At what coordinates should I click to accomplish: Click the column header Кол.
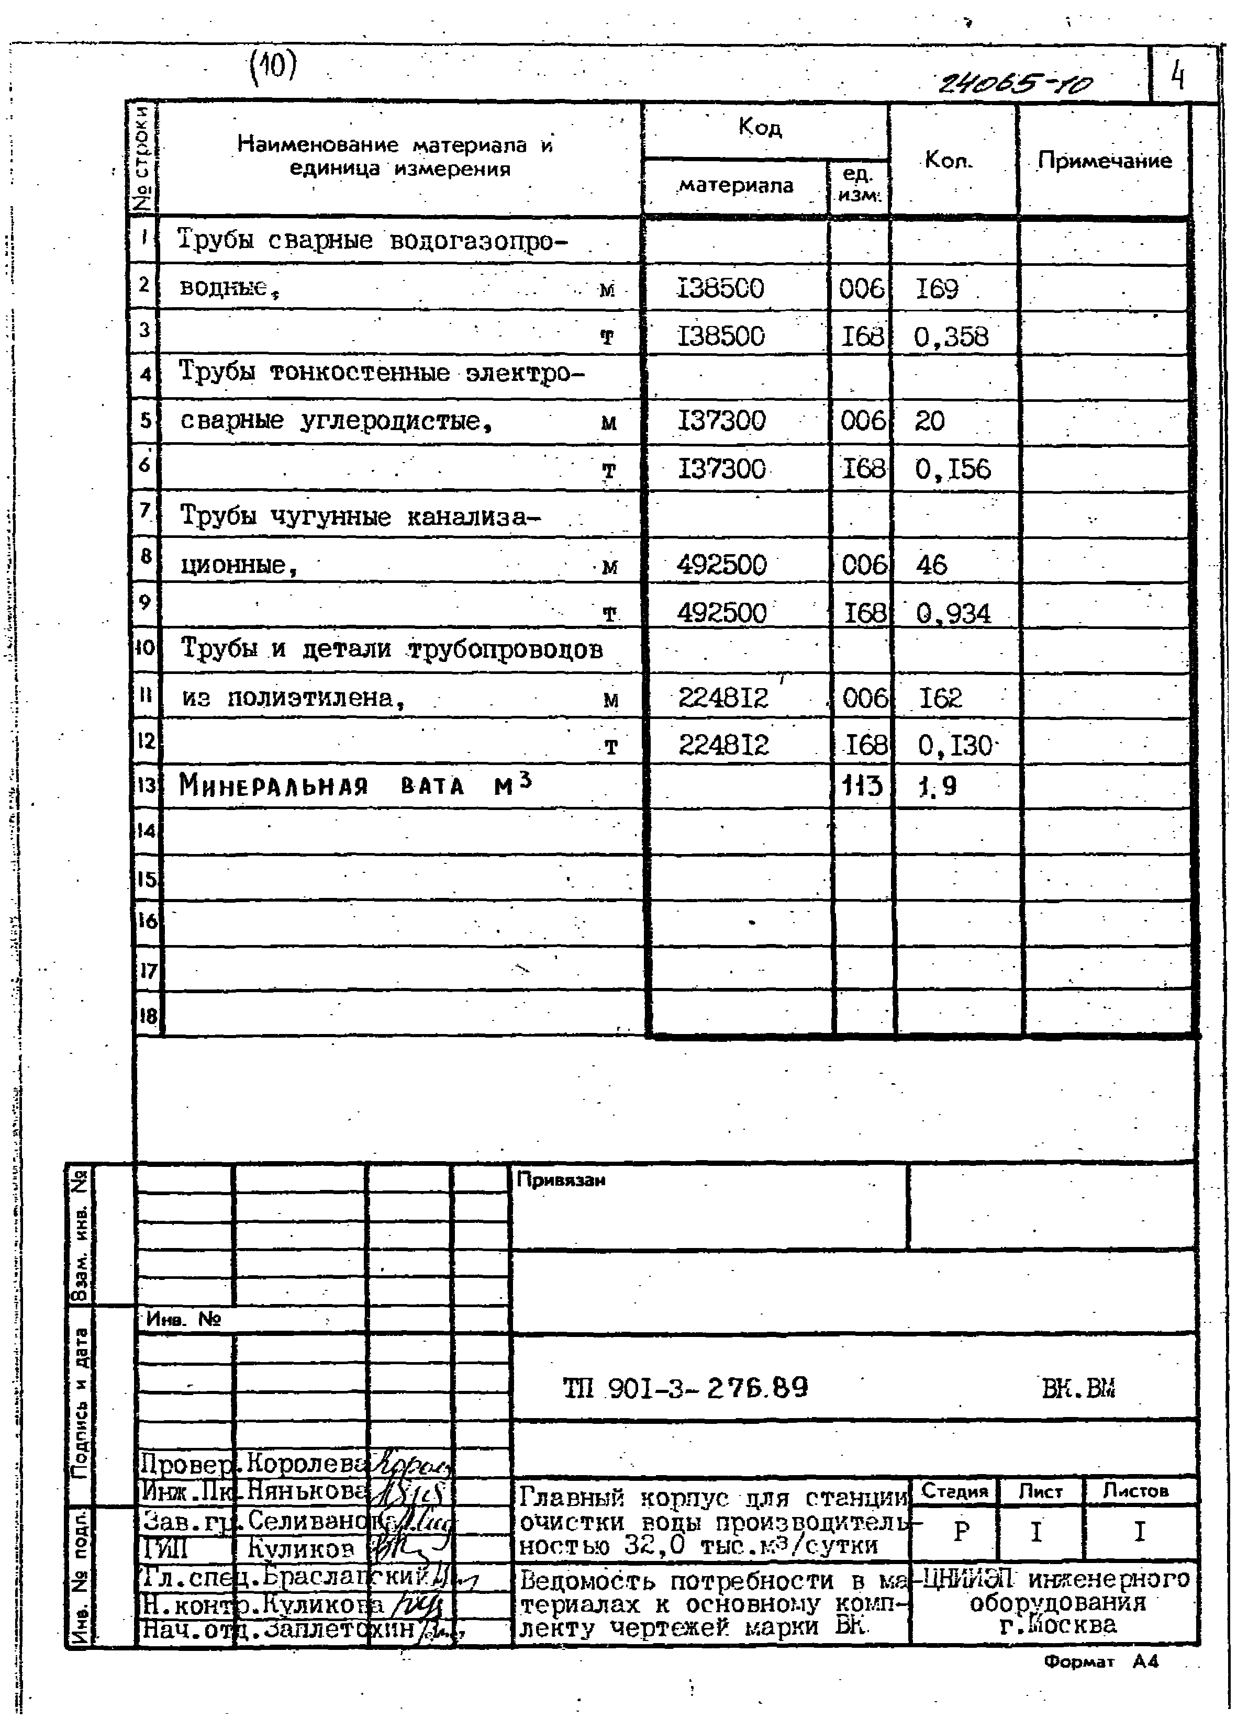(x=949, y=161)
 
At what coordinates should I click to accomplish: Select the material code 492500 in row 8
(x=721, y=565)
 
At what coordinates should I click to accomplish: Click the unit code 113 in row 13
(x=862, y=785)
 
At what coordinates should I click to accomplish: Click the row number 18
(x=147, y=1016)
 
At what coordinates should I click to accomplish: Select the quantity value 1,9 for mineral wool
(x=938, y=785)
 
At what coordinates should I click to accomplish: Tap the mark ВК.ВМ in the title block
(x=1078, y=1388)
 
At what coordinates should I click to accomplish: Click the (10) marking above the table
(x=273, y=67)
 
